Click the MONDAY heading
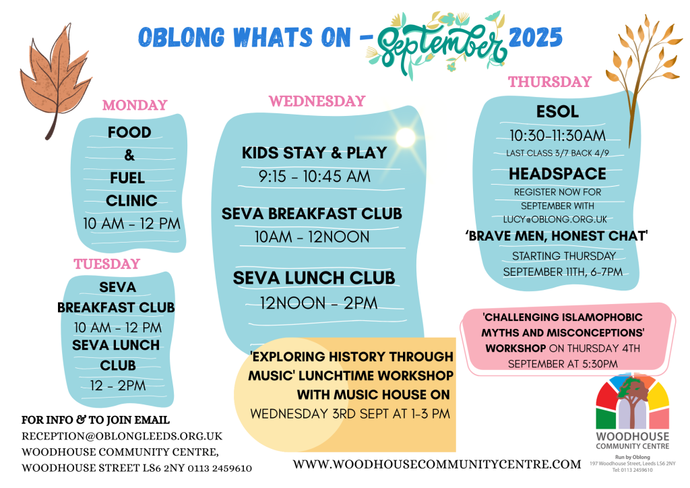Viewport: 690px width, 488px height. (x=135, y=105)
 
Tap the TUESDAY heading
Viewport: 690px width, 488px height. (x=106, y=264)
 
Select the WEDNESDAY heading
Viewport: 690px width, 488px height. (x=317, y=101)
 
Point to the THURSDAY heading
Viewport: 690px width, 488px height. (x=550, y=82)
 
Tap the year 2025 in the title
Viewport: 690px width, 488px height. (x=536, y=37)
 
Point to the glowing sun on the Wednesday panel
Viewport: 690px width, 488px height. (x=405, y=137)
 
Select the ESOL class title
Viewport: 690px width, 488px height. (x=557, y=111)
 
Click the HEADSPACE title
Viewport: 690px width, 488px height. (x=557, y=174)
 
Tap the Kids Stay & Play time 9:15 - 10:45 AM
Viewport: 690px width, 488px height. (x=314, y=177)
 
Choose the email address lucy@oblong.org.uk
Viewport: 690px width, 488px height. (x=555, y=219)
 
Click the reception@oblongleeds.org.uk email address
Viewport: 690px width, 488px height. (x=122, y=436)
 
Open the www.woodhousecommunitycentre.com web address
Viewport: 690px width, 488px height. (x=437, y=464)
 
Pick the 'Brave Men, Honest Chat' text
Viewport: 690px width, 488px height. (x=556, y=237)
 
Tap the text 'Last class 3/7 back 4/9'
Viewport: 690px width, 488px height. (x=557, y=153)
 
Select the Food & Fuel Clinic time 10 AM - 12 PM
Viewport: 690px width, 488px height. (x=131, y=224)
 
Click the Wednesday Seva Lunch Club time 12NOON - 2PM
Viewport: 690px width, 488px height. (x=319, y=303)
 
